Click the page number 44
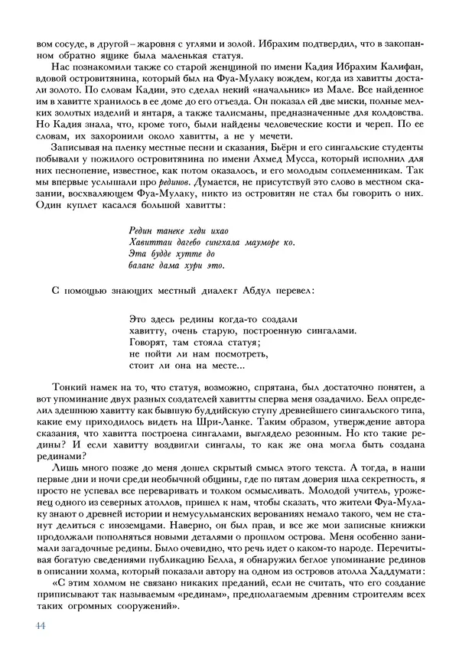[41, 625]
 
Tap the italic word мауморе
[263, 241]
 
